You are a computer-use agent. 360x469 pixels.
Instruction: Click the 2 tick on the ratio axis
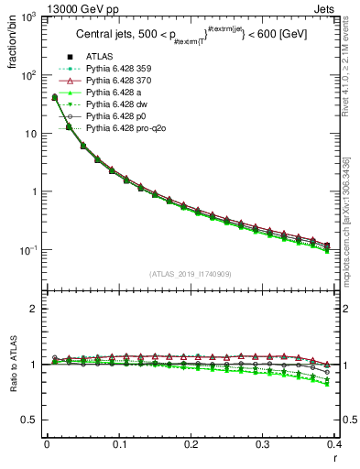coord(35,309)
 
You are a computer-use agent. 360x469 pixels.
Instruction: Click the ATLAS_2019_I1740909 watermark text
coord(190,274)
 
